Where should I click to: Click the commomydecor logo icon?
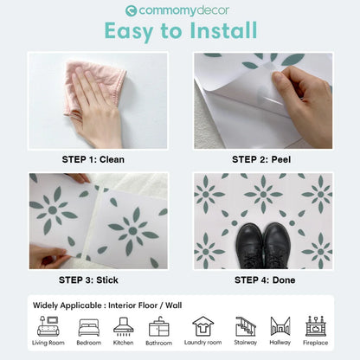click(132, 10)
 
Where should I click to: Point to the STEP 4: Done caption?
click(263, 280)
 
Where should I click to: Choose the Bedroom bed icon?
click(88, 327)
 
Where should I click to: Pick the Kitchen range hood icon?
click(124, 326)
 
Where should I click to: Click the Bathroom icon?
click(159, 326)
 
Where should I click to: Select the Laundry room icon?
click(202, 326)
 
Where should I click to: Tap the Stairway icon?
click(246, 326)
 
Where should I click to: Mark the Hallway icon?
click(280, 326)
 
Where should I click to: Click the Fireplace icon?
click(316, 326)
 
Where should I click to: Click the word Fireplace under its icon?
click(316, 344)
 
